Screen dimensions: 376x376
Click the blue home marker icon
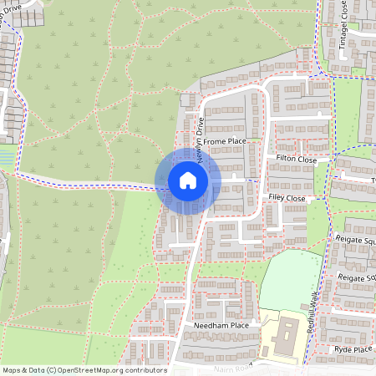coord(187,180)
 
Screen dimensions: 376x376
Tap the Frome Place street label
coord(226,142)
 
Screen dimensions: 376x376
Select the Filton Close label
coord(296,159)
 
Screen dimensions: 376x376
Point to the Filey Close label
coord(287,199)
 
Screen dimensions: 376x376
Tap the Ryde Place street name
coord(352,348)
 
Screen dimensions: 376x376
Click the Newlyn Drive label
coord(201,134)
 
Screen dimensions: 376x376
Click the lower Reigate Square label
coord(357,277)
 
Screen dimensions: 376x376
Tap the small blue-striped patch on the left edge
coord(8,155)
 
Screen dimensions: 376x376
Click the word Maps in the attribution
coord(12,370)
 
